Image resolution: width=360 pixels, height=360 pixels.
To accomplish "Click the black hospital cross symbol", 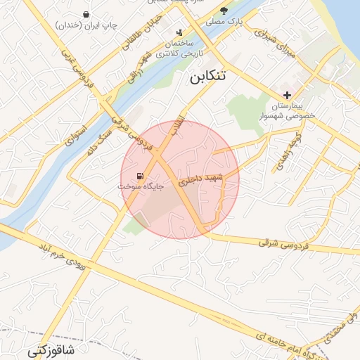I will pyautogui.click(x=287, y=95).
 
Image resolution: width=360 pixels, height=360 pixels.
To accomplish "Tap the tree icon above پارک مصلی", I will pyautogui.click(x=224, y=11).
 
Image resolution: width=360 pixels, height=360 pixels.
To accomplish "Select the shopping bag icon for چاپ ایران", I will pyautogui.click(x=86, y=14).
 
